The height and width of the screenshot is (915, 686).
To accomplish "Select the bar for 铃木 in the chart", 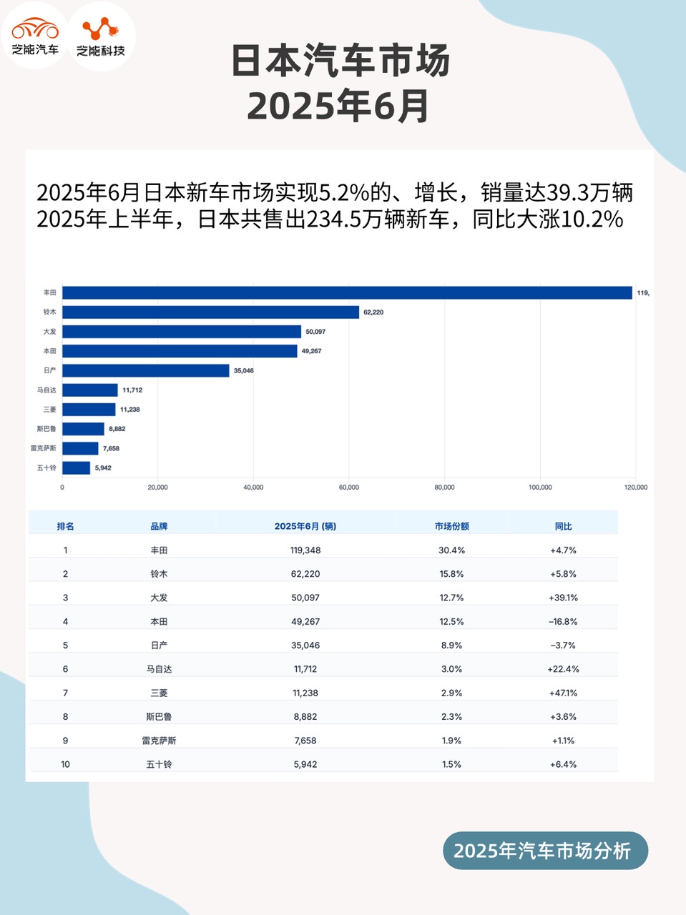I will pos(210,312).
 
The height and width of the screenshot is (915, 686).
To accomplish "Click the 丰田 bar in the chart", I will pos(347,293).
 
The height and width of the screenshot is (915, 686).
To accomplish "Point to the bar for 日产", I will pos(146,370).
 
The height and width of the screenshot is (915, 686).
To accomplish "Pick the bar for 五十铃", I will pos(77,468).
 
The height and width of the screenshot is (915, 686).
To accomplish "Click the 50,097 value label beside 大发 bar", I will pos(315,332).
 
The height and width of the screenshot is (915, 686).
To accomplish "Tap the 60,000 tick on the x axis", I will pos(349,488).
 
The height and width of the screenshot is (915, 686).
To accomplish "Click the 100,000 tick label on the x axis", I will pos(540,488).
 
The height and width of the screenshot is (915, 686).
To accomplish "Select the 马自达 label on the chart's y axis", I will pos(46,390).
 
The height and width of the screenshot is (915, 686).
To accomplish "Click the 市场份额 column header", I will pos(451,526).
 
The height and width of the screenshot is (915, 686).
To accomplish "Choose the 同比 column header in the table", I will pos(563,526).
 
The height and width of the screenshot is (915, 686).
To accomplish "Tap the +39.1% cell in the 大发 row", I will pos(563,598).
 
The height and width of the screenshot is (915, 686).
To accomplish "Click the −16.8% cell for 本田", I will pos(563,622).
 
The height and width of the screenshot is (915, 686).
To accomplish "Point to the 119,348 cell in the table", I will pos(305,550).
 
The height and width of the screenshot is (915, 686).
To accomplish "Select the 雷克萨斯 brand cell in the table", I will pos(159,741).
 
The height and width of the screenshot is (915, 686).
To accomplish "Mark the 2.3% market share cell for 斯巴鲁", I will pos(451,717).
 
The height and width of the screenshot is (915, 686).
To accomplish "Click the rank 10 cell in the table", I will pos(65,765).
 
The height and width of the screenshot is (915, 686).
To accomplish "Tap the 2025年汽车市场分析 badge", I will pos(545,851).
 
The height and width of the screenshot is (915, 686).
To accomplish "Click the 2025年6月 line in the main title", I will pos(338,107).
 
